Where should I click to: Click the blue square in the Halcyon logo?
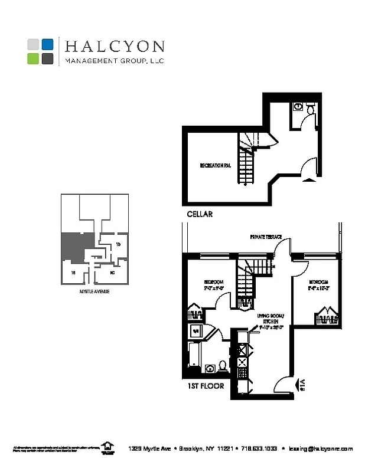48,44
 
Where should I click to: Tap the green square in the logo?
33,58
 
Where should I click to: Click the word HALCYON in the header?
115,46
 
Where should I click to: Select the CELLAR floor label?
199,214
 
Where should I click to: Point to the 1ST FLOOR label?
205,386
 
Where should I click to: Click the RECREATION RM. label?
214,166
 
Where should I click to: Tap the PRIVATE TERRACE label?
265,237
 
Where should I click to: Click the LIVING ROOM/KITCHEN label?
267,322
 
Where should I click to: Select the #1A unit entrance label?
302,385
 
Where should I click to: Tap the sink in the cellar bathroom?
298,107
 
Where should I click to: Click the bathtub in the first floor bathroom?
194,353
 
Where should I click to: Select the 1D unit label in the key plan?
118,244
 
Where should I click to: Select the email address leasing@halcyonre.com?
321,448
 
